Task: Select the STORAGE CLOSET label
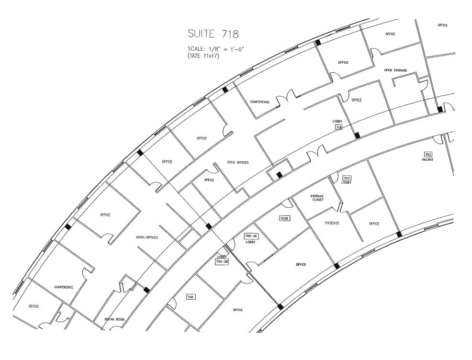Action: (x=317, y=198)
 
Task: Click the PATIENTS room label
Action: (x=332, y=223)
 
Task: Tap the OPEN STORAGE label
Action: (x=395, y=70)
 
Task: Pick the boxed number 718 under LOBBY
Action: (x=338, y=128)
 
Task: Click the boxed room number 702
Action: (x=428, y=154)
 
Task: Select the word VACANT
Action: (x=428, y=160)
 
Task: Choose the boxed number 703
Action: (x=347, y=178)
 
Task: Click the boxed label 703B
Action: (x=284, y=218)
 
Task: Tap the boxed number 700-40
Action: (x=251, y=236)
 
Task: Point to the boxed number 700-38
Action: (x=221, y=262)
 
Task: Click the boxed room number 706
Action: (x=191, y=297)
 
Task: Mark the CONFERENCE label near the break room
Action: (x=64, y=287)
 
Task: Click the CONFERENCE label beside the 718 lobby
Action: (x=260, y=102)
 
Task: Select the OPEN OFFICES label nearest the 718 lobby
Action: (x=237, y=163)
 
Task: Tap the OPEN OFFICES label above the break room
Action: (x=147, y=237)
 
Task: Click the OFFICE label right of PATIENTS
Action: (x=374, y=224)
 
